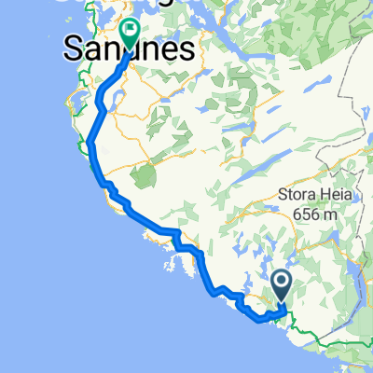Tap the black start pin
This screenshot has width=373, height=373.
pyautogui.click(x=282, y=282)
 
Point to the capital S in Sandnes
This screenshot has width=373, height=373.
pyautogui.click(x=73, y=50)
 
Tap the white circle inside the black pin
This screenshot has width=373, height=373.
pyautogui.click(x=282, y=279)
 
